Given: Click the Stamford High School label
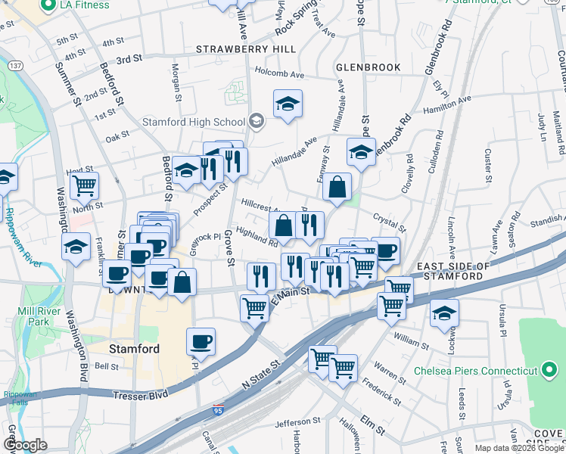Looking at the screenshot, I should [x=193, y=122].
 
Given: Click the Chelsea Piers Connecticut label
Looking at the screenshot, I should [x=475, y=371].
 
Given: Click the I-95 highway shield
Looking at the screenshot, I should [x=217, y=413].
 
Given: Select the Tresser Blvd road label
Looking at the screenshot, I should [x=141, y=396].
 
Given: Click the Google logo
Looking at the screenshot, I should [x=25, y=445].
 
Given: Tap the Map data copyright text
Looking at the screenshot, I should [x=519, y=448].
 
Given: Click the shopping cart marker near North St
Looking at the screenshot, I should [x=84, y=185].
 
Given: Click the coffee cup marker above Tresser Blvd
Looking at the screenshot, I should [x=201, y=341].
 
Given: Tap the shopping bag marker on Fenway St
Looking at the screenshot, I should [x=337, y=187].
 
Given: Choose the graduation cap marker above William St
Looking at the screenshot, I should [x=444, y=313].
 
